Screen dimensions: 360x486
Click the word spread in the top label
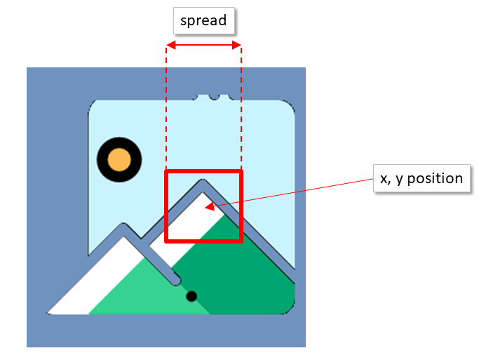pos(203,20)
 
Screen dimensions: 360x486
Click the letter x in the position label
pos(384,179)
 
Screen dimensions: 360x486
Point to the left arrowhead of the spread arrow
pos(169,46)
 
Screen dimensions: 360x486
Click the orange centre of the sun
pos(119,158)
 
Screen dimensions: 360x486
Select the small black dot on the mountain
pos(191,296)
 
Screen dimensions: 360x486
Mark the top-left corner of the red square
pos(166,171)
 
